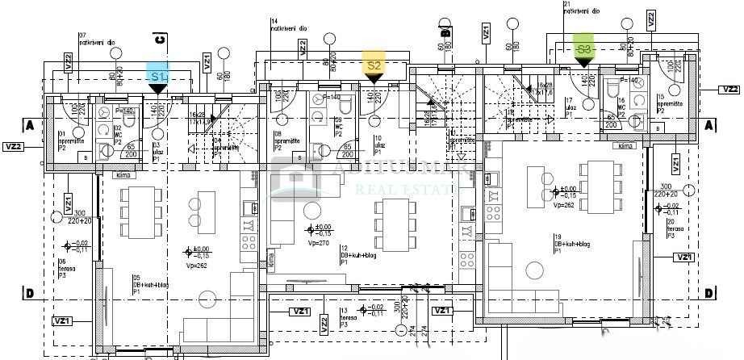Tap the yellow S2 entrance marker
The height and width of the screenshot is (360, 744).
374,66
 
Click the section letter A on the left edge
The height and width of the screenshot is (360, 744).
28,125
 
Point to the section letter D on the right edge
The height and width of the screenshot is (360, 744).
708,293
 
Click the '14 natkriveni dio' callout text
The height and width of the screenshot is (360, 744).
288,25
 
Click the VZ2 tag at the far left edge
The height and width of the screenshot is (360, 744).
14,146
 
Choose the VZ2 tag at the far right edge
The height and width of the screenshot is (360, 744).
729,90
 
